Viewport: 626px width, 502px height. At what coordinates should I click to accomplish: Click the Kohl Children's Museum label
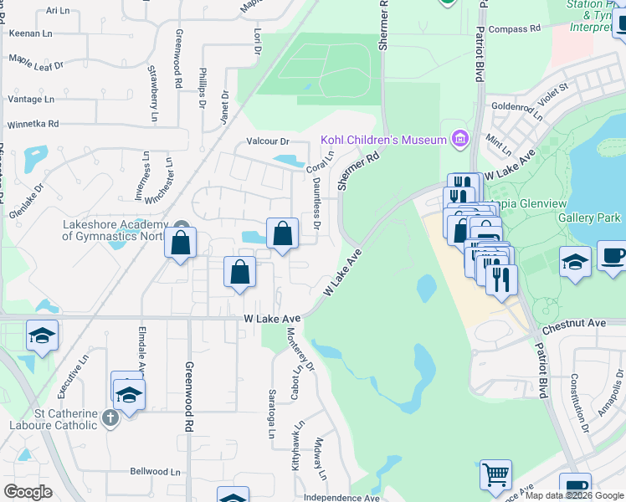click(x=384, y=140)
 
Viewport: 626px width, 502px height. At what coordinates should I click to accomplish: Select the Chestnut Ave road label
click(x=573, y=323)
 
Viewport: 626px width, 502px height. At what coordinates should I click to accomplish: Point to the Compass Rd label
click(x=514, y=29)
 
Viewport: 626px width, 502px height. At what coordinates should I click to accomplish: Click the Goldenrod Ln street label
click(x=519, y=106)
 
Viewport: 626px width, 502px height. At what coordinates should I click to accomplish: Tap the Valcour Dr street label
click(x=267, y=141)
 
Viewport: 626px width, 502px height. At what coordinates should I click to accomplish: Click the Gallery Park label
click(x=589, y=218)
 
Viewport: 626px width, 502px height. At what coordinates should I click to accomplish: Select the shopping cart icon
click(x=495, y=475)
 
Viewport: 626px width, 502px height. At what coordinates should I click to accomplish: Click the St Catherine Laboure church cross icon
click(x=110, y=417)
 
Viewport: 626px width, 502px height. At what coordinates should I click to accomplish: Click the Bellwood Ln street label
click(x=155, y=471)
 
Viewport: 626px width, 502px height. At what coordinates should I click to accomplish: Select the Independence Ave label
click(x=341, y=498)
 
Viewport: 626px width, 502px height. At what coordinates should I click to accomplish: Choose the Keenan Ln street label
click(x=28, y=34)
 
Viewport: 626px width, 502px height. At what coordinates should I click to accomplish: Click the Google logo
click(x=27, y=492)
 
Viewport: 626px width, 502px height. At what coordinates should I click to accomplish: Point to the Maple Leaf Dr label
click(x=37, y=61)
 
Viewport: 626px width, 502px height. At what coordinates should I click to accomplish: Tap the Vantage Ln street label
click(x=30, y=99)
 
